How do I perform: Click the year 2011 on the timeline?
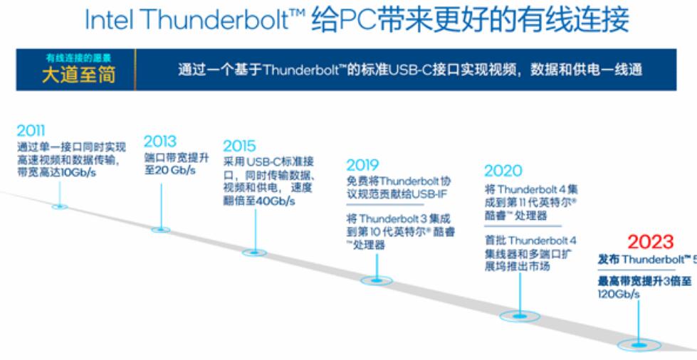pos(31,131)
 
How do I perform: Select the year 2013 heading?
pos(160,141)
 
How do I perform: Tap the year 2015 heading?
pos(239,146)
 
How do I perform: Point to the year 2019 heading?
pos(362,165)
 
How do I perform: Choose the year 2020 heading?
pos(503,171)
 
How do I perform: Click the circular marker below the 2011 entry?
pos(60,206)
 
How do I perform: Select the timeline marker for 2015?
pos(254,252)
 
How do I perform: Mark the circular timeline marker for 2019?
pos(376,280)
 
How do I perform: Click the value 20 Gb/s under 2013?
pos(172,171)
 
